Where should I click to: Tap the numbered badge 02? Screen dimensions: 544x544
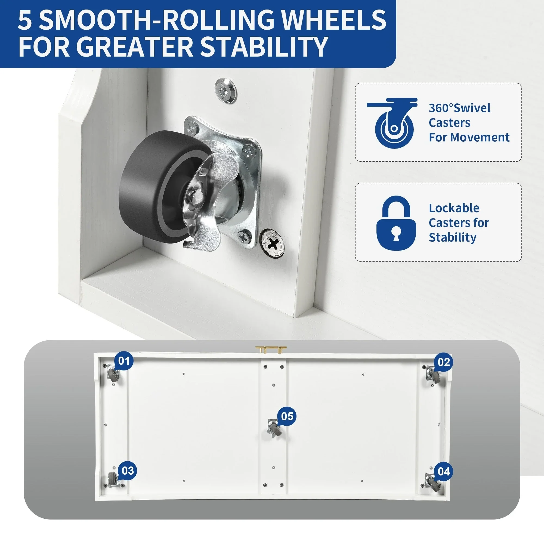tap(443, 362)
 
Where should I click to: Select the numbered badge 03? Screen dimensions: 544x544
tap(128, 471)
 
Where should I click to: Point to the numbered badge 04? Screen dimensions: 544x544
tap(444, 471)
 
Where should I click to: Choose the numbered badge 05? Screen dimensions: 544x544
tap(287, 416)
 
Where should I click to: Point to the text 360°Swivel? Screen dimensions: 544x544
tap(459, 108)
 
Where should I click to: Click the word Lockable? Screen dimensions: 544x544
tap(454, 208)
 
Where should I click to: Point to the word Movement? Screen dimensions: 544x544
tap(483, 137)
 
